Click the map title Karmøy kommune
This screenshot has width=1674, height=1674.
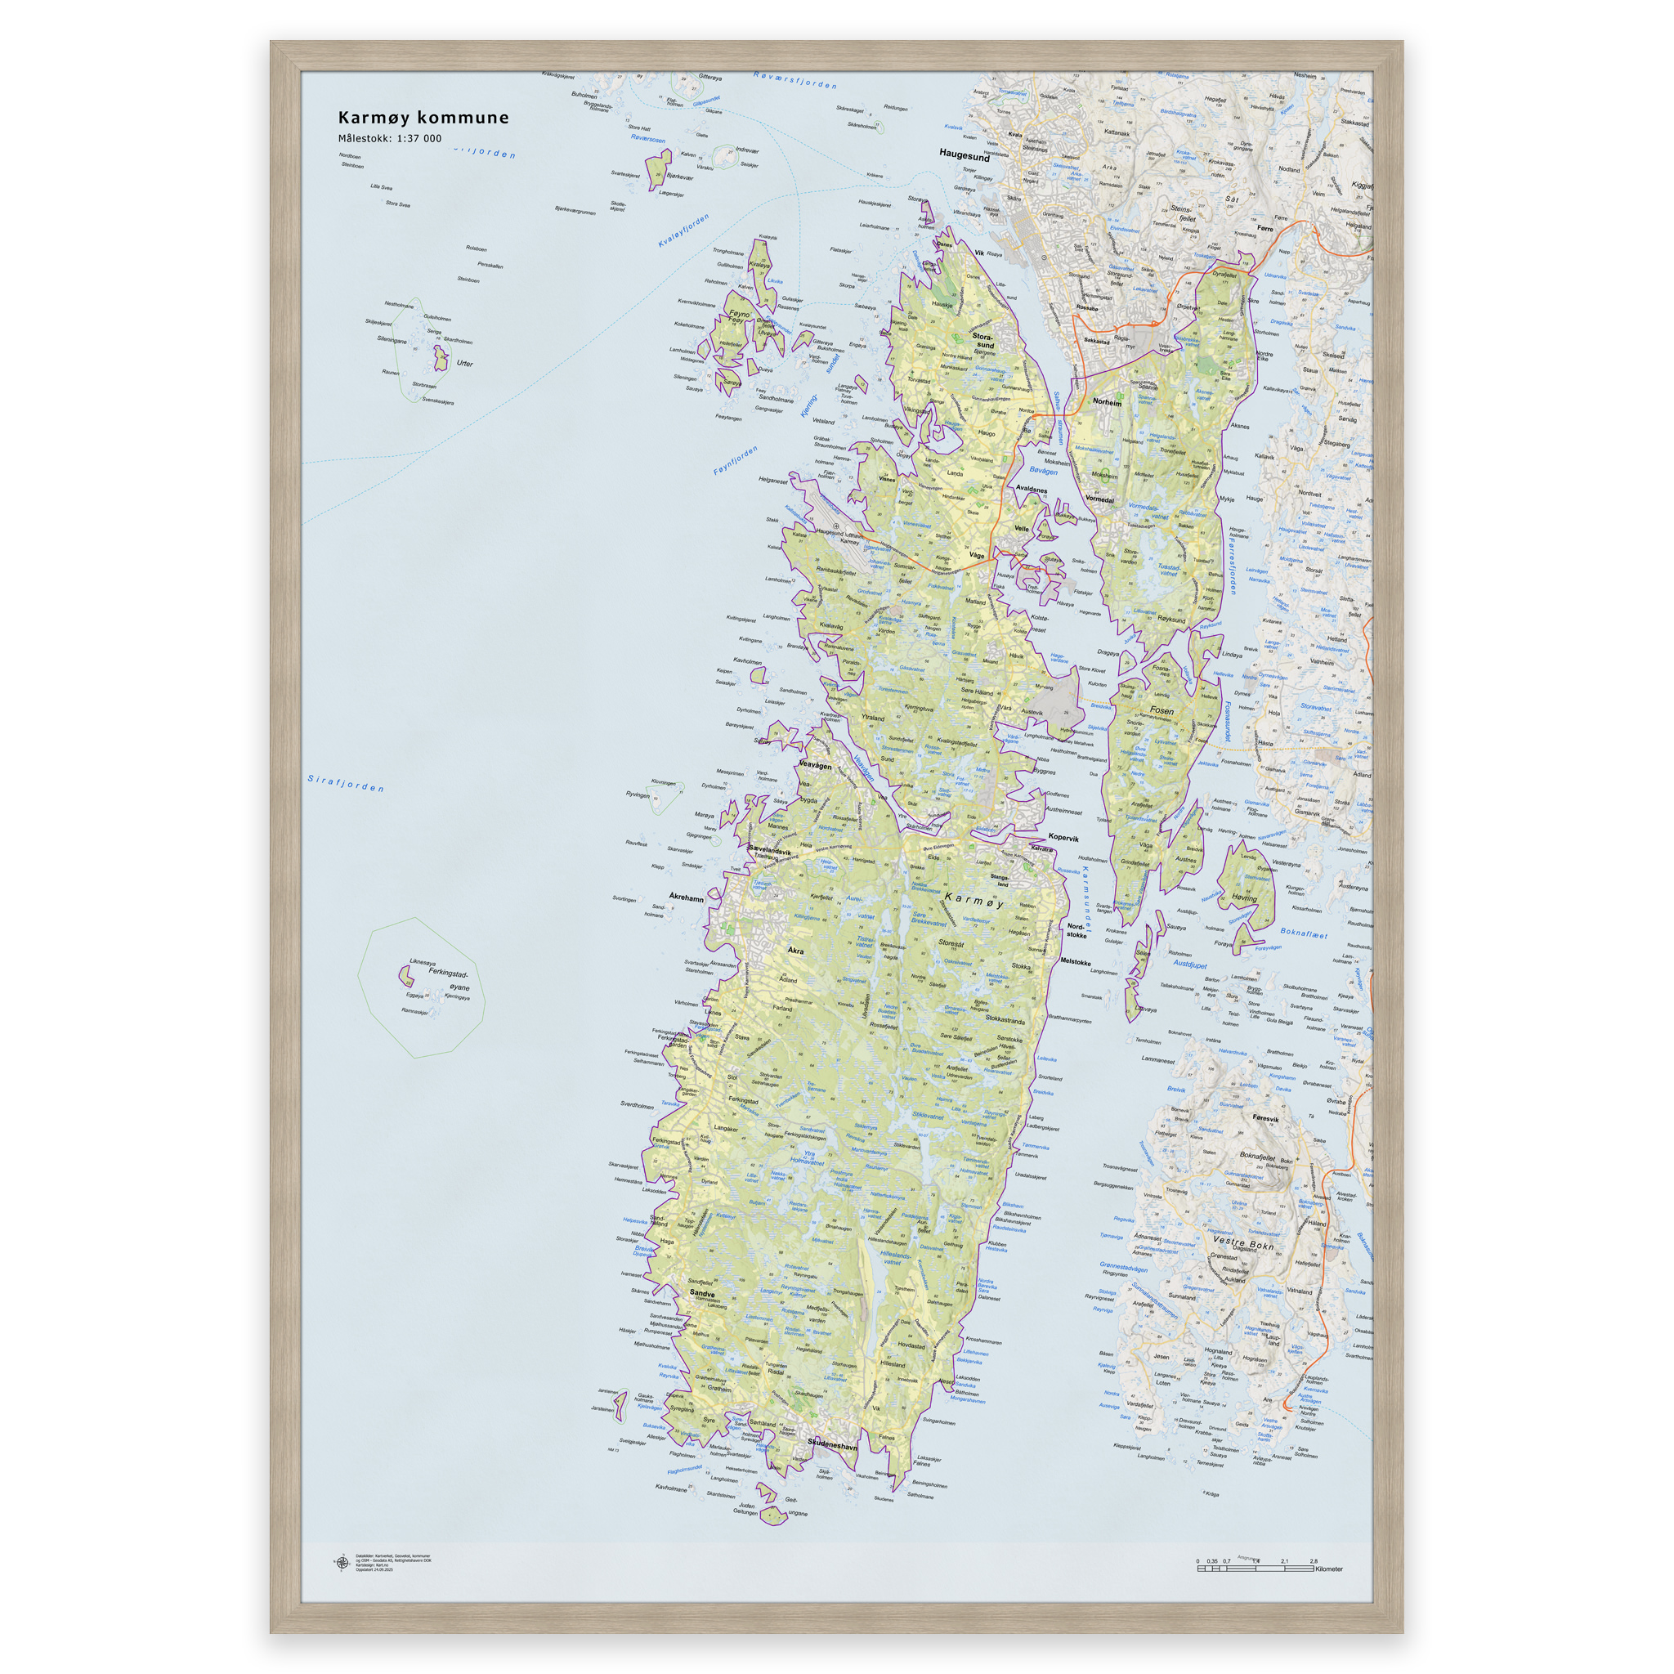click(x=423, y=118)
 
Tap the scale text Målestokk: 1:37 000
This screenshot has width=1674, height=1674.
click(x=389, y=139)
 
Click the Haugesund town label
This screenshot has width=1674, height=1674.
click(x=964, y=156)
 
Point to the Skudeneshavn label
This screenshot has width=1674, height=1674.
click(x=832, y=1444)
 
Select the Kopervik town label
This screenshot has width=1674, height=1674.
click(x=1063, y=838)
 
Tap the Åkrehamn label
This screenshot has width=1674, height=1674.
click(x=687, y=897)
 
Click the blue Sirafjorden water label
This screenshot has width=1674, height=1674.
click(x=346, y=783)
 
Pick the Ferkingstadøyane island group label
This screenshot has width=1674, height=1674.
click(x=449, y=979)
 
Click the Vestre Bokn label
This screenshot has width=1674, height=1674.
click(x=1242, y=1244)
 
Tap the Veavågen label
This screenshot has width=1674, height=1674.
click(x=814, y=765)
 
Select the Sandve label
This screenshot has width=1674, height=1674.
click(x=702, y=1293)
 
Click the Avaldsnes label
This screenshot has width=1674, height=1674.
click(x=1031, y=490)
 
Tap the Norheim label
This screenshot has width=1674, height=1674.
click(x=1107, y=402)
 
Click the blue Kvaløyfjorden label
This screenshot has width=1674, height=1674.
click(x=683, y=231)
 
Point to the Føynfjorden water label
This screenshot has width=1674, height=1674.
click(x=736, y=460)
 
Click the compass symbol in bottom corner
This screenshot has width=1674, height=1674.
click(x=341, y=1562)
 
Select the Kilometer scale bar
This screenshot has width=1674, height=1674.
click(x=1256, y=1569)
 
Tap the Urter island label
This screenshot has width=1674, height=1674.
click(x=464, y=363)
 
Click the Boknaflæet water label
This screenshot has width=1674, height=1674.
click(x=1304, y=933)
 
